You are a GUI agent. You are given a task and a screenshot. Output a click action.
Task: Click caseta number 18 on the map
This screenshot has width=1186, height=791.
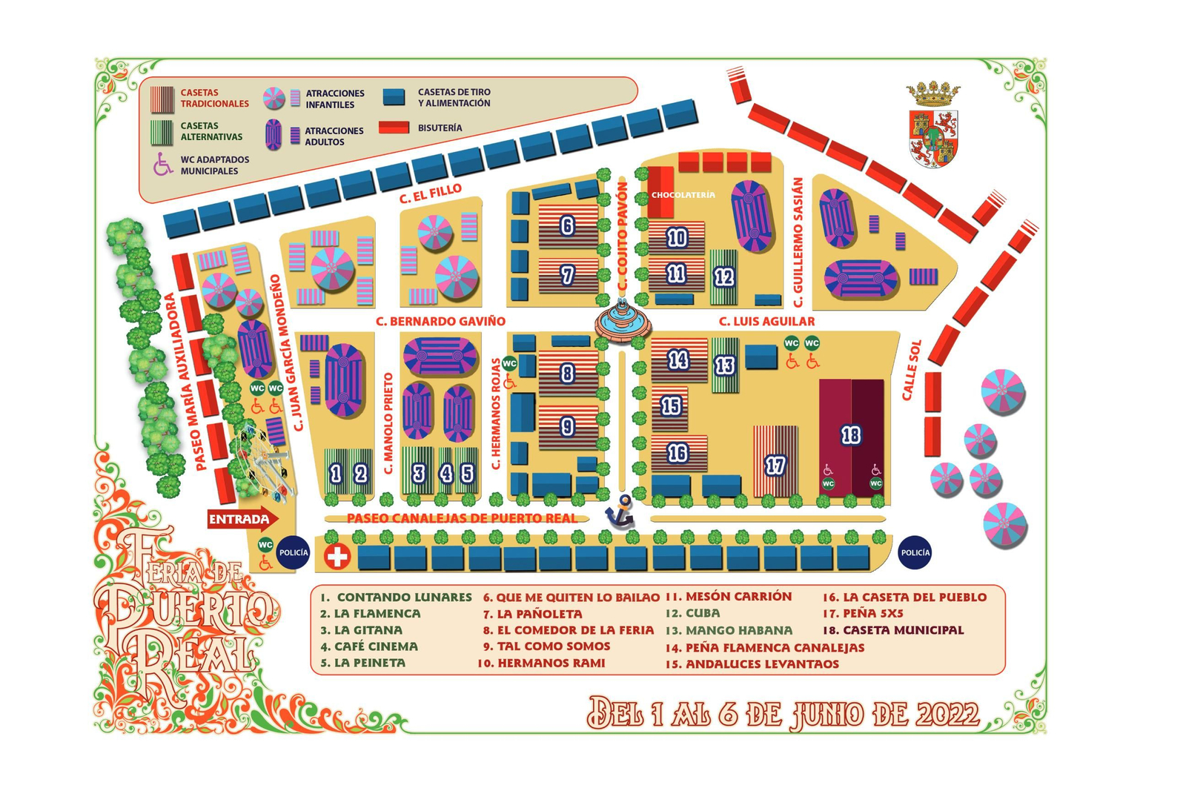[851, 435]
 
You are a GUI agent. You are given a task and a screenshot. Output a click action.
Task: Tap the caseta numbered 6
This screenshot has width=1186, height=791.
[567, 225]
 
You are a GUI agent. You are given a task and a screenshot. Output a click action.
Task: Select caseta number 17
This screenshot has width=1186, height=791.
[775, 465]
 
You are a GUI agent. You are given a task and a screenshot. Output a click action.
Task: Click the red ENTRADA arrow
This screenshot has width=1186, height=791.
[242, 519]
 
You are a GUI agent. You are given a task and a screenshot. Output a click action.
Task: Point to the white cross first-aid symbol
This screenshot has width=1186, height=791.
[337, 556]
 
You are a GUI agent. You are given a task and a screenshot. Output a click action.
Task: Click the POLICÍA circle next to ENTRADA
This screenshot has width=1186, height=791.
[294, 552]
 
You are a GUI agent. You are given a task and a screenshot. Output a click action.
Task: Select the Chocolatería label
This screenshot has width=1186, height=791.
[683, 195]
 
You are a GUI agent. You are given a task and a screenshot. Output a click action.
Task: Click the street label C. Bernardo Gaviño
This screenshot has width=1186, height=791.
[440, 321]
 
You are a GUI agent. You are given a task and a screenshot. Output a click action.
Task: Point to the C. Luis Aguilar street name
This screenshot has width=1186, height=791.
[766, 321]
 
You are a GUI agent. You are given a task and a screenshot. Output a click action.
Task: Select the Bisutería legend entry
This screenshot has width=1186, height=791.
[439, 128]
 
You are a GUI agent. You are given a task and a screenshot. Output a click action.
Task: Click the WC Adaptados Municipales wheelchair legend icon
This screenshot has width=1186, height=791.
[163, 165]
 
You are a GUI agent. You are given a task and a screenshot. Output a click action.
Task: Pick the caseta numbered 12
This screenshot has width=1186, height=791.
[723, 277]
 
